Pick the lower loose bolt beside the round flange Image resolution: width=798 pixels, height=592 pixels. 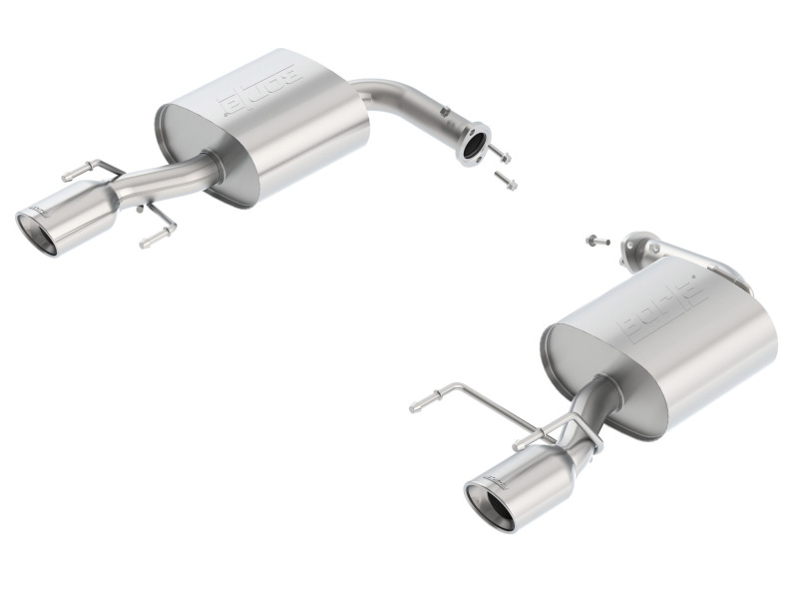pyautogui.click(x=506, y=182)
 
